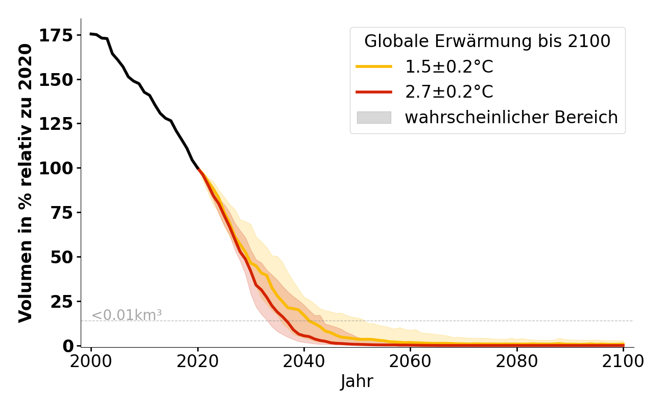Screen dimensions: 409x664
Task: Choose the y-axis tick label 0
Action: [68, 346]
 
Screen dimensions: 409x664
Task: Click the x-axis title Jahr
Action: [357, 382]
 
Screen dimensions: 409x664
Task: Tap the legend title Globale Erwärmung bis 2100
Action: [487, 41]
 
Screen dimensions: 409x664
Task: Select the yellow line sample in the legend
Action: [374, 66]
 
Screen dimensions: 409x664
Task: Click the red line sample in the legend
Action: [374, 92]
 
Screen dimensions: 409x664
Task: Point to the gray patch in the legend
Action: [374, 118]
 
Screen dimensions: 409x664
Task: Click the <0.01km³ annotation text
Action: [127, 315]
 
